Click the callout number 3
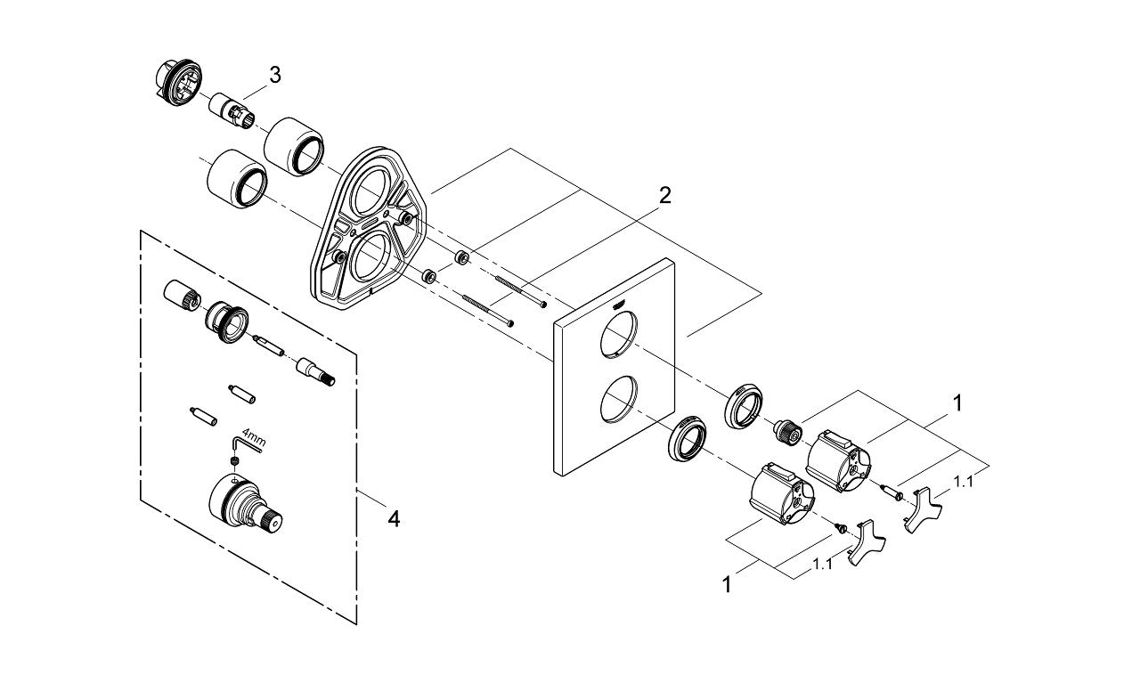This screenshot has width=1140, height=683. [x=275, y=76]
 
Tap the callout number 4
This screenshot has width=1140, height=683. [x=393, y=517]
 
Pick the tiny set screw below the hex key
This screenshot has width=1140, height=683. [x=233, y=460]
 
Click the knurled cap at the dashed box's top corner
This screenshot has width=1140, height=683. [x=180, y=297]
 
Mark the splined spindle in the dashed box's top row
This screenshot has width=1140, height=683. [x=317, y=370]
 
